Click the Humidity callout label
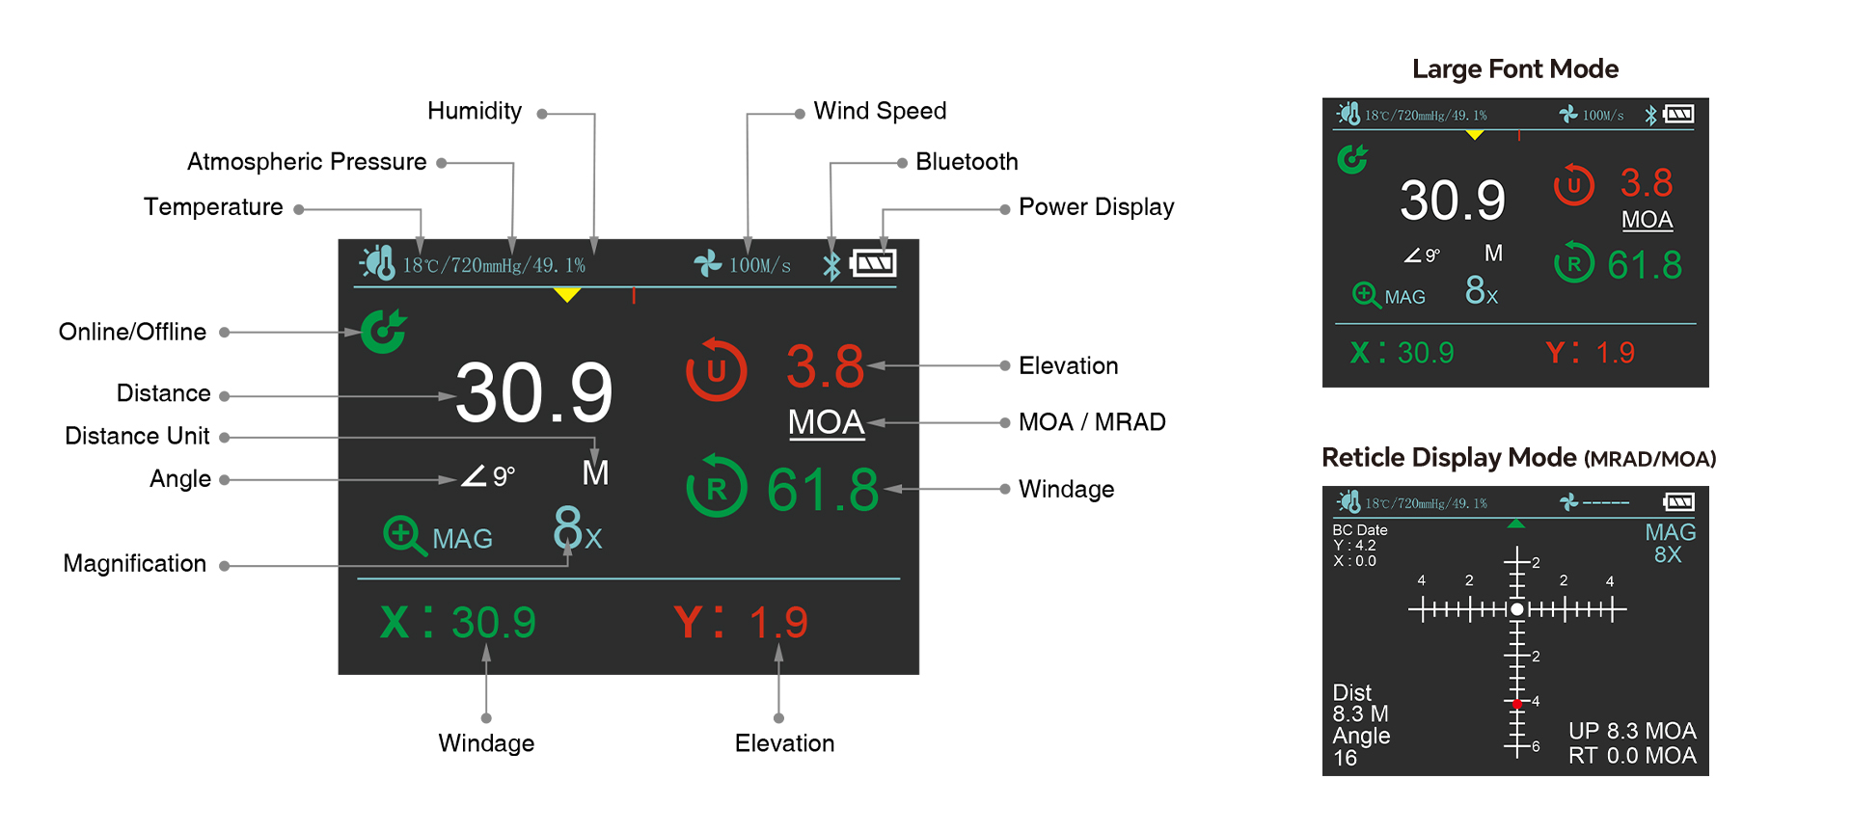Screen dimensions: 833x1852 [475, 112]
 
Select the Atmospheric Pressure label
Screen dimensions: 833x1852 [307, 162]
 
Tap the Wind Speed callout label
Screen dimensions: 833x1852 [880, 112]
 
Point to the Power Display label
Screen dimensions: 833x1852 [1096, 207]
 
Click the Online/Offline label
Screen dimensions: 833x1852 [132, 332]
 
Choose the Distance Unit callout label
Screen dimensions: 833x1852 [137, 436]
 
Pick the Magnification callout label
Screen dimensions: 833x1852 [134, 564]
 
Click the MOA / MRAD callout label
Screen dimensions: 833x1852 [1092, 422]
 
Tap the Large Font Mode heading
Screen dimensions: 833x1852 [1514, 69]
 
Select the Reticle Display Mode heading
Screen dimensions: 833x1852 [1518, 458]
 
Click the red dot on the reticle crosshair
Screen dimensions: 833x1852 [1517, 705]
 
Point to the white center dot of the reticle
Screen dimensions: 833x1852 [1517, 609]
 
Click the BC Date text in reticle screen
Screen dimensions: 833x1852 [1359, 530]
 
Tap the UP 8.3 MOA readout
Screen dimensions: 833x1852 [1631, 731]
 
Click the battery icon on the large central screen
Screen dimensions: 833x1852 [874, 263]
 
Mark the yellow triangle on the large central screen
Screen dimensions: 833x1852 [567, 294]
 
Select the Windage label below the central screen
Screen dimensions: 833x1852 [486, 743]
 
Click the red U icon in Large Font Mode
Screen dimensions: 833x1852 [1573, 185]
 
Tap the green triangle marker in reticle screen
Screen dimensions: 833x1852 [1516, 524]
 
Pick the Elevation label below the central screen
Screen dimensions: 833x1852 [784, 743]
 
